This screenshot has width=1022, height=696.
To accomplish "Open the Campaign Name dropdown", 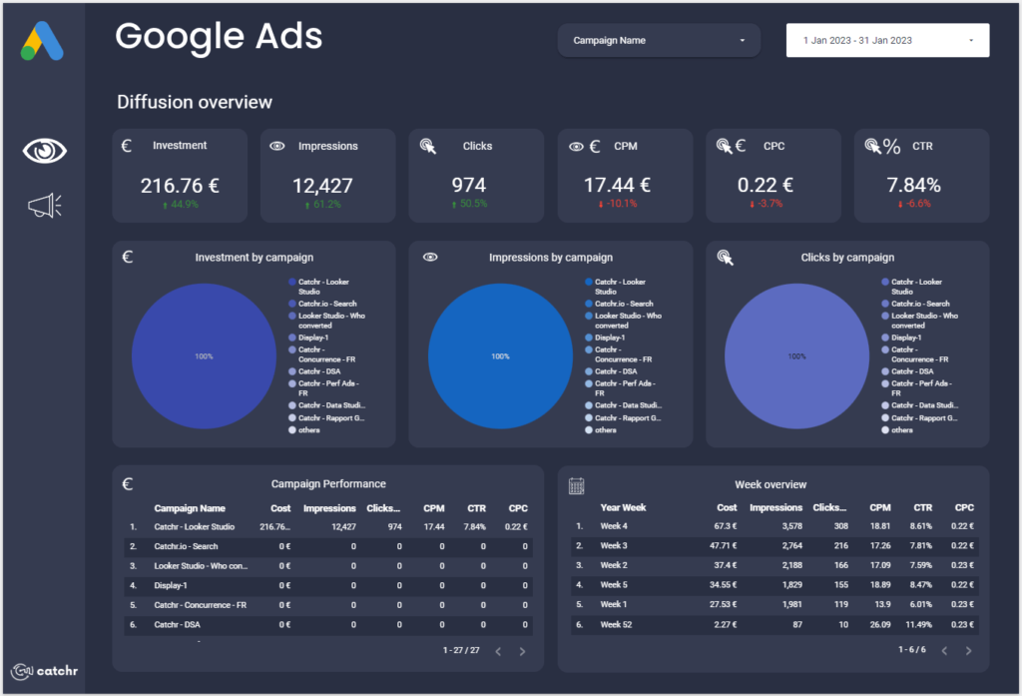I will [x=659, y=41].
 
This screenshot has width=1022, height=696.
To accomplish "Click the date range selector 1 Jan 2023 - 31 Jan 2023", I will [x=887, y=41].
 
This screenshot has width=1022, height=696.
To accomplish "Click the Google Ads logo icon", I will [x=43, y=41].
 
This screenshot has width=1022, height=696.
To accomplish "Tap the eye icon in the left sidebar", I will [x=45, y=151].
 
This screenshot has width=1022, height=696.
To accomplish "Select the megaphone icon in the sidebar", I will [x=45, y=206].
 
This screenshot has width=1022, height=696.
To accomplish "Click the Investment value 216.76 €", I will [x=180, y=185].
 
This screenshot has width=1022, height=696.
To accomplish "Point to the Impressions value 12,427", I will [x=322, y=185].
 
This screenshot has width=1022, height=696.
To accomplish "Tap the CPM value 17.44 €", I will [x=618, y=185].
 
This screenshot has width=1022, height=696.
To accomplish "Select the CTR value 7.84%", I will [x=913, y=185].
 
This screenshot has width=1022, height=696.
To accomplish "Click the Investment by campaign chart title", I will [x=255, y=258].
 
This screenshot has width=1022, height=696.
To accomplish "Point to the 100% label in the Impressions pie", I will [x=500, y=356].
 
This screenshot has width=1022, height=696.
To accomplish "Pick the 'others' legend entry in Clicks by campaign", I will [x=901, y=429].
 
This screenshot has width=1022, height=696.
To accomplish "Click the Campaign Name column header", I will [x=190, y=508].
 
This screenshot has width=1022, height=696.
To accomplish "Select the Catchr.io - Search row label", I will [x=186, y=546].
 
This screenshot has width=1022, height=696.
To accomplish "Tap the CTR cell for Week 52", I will [x=919, y=624].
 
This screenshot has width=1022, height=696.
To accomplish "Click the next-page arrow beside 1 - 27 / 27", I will [x=522, y=651].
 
